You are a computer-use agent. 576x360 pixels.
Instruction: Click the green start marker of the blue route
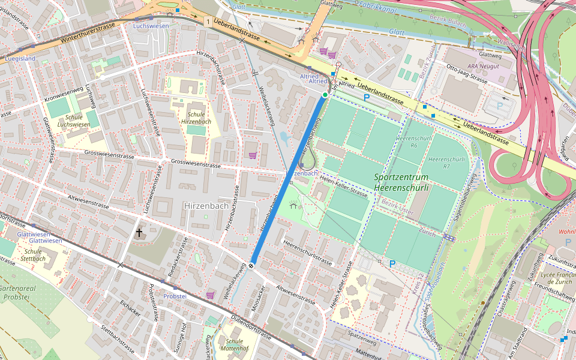(x=325, y=95)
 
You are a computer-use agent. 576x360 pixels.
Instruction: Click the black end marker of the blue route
(x=251, y=265)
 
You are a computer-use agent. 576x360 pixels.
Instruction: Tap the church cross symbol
(x=139, y=232)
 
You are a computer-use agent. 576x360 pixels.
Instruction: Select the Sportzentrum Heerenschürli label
(x=401, y=182)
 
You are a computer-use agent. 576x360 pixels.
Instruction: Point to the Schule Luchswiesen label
(x=73, y=121)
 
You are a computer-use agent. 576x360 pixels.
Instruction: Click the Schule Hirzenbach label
(x=199, y=118)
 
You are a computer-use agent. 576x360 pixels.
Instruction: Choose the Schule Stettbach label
(x=33, y=255)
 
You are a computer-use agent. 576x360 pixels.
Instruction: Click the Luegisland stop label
(x=20, y=58)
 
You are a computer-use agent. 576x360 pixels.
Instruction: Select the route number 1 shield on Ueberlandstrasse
(x=208, y=22)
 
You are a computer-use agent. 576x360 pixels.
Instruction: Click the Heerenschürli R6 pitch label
(x=406, y=142)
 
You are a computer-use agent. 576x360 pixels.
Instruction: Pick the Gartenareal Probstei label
(x=23, y=292)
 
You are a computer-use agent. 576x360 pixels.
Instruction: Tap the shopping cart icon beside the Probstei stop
(x=210, y=295)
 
